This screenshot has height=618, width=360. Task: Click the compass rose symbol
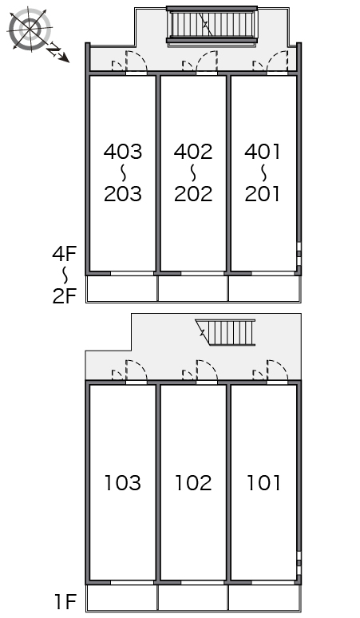pyautogui.click(x=30, y=30)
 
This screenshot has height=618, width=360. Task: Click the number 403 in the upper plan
pyautogui.click(x=122, y=152)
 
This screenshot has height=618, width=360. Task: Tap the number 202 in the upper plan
pyautogui.click(x=193, y=193)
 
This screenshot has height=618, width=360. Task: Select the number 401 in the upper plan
pyautogui.click(x=263, y=152)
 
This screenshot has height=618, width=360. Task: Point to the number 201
pyautogui.click(x=263, y=193)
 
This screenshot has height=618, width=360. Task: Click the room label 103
pyautogui.click(x=122, y=483)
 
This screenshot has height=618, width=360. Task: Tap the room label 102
pyautogui.click(x=193, y=483)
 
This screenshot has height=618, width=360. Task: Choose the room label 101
pyautogui.click(x=263, y=483)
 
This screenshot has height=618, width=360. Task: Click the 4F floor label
pyautogui.click(x=64, y=253)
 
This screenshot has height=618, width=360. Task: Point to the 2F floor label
pyautogui.click(x=64, y=295)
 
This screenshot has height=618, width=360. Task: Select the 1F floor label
pyautogui.click(x=65, y=601)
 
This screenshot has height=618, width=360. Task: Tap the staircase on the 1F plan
pyautogui.click(x=226, y=333)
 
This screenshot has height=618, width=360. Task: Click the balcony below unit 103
pyautogui.click(x=121, y=597)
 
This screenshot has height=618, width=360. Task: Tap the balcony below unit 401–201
pyautogui.click(x=265, y=288)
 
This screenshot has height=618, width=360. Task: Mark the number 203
pyautogui.click(x=122, y=193)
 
